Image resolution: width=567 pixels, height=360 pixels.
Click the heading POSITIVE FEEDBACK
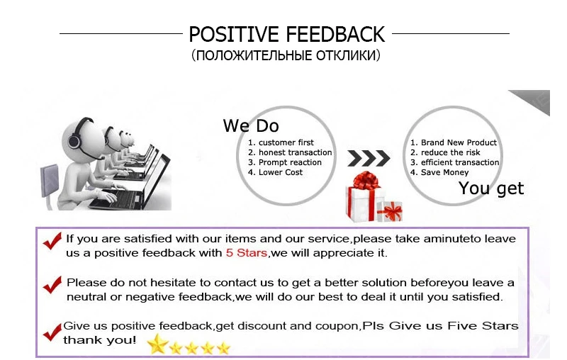coord(287,34)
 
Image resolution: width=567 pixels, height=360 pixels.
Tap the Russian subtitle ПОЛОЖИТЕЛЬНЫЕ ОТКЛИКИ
coord(286,55)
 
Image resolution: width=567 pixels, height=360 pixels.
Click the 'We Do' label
coord(251,125)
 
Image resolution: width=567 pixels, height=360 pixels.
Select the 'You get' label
coord(491,189)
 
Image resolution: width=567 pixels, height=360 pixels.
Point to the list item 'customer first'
coord(281,142)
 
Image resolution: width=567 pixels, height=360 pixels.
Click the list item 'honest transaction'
coord(290,152)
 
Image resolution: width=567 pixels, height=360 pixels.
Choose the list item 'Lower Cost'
coord(275,172)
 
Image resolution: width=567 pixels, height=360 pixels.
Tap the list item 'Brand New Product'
coord(454,142)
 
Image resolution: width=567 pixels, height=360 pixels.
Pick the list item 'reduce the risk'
coord(445,152)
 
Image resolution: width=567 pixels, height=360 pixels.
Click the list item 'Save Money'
coord(439,172)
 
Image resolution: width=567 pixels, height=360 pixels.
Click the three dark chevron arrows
coord(369,158)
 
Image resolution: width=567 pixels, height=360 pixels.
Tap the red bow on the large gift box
coord(366,181)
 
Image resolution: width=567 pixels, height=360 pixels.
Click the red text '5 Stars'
coord(247,253)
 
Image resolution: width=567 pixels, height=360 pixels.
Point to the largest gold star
coord(158,344)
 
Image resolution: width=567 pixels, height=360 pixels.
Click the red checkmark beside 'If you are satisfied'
coord(52,241)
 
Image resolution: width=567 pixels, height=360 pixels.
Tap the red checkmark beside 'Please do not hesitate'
coord(52,284)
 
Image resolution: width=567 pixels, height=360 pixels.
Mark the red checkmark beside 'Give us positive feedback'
coord(52,332)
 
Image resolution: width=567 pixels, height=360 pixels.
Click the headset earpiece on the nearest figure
coord(74,140)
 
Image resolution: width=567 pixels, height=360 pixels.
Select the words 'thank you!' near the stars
coord(100,340)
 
